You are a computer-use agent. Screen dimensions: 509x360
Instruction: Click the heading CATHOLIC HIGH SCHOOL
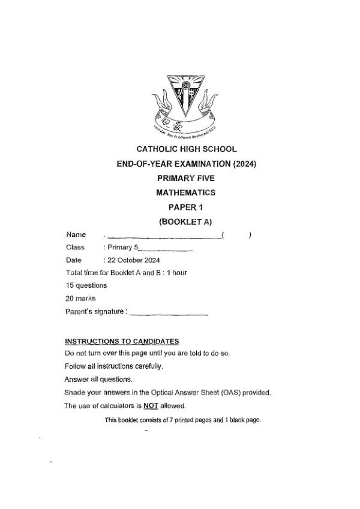click(187, 149)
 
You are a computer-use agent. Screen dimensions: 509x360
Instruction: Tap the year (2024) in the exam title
click(244, 164)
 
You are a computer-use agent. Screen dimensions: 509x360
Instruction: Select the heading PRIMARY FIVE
click(186, 178)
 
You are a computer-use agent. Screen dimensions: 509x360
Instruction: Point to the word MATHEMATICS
click(186, 192)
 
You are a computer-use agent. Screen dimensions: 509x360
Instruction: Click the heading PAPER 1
click(186, 207)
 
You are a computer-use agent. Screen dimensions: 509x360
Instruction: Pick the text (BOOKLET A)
click(186, 221)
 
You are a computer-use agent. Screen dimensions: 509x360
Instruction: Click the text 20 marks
click(80, 297)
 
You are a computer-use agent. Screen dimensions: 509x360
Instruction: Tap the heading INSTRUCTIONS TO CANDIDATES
click(122, 341)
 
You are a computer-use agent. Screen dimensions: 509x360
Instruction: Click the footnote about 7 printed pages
click(183, 420)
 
